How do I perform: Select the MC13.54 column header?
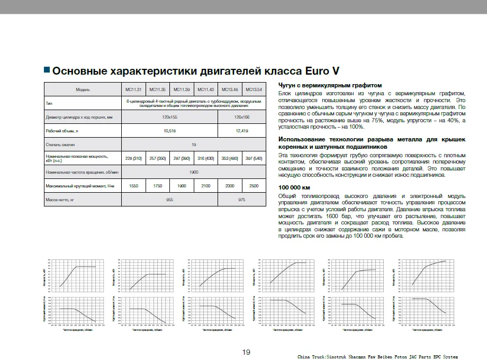coord(254,89)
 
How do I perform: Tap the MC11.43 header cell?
coord(206,89)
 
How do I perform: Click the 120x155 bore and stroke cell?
coord(169,116)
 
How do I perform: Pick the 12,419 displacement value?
coord(241,130)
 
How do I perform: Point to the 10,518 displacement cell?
coord(169,130)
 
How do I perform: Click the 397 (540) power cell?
coord(254,158)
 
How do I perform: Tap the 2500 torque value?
coord(254,186)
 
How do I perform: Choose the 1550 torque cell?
coord(133,186)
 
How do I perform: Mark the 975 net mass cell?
coord(241,200)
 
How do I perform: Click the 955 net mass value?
coord(169,200)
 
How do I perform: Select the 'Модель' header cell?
coord(83,89)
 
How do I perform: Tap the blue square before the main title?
coord(47,69)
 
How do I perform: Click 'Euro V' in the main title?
coord(322,70)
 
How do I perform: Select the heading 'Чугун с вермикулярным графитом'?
coord(330,85)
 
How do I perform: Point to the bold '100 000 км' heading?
coord(294,188)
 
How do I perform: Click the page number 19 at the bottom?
coord(246,353)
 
